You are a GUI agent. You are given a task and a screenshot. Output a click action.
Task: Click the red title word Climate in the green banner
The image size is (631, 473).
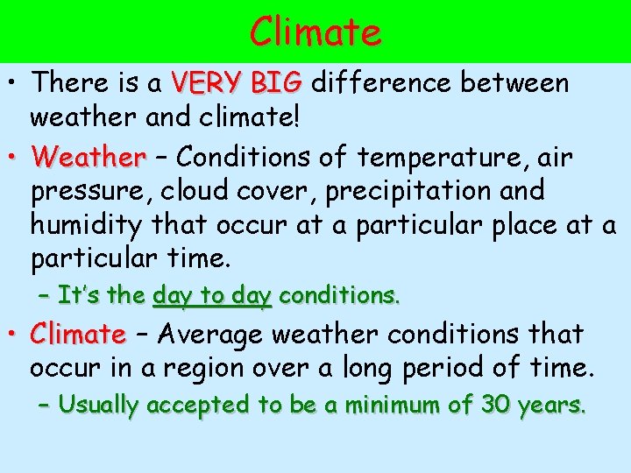(x=315, y=32)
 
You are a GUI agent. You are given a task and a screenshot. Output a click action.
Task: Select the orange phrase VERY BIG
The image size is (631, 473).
(x=237, y=84)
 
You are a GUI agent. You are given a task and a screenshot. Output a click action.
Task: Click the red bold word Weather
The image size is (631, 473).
(x=88, y=158)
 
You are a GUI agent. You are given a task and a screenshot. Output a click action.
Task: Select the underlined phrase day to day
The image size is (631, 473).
(x=212, y=296)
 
